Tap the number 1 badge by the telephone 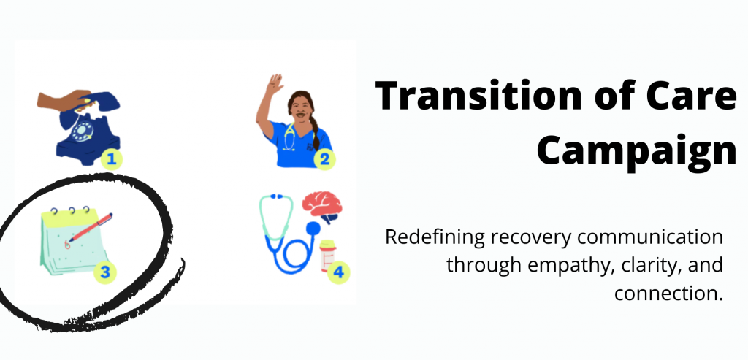[x=112, y=157]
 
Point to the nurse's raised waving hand [x=275, y=83]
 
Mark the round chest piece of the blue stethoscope [x=313, y=229]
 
